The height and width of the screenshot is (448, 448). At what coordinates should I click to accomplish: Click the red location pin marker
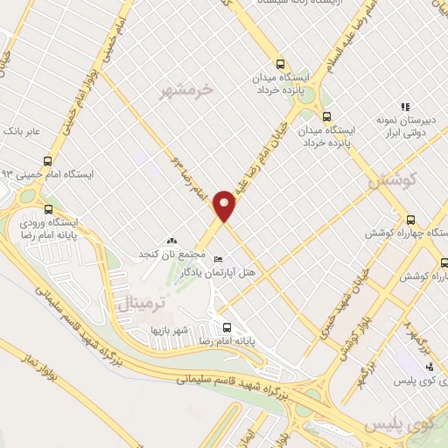(225, 206)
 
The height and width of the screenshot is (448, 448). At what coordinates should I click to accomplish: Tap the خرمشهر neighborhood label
(188, 89)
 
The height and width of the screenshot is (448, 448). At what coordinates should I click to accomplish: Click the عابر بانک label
(22, 131)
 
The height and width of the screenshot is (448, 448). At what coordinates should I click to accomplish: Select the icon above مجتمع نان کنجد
(171, 240)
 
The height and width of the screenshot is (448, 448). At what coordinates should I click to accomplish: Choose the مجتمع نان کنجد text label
(171, 254)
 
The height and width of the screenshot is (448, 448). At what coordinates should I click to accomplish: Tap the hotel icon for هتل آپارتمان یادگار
(218, 259)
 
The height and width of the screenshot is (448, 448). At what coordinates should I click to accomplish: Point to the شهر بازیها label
(165, 330)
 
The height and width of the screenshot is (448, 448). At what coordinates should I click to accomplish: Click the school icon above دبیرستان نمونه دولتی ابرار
(404, 107)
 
